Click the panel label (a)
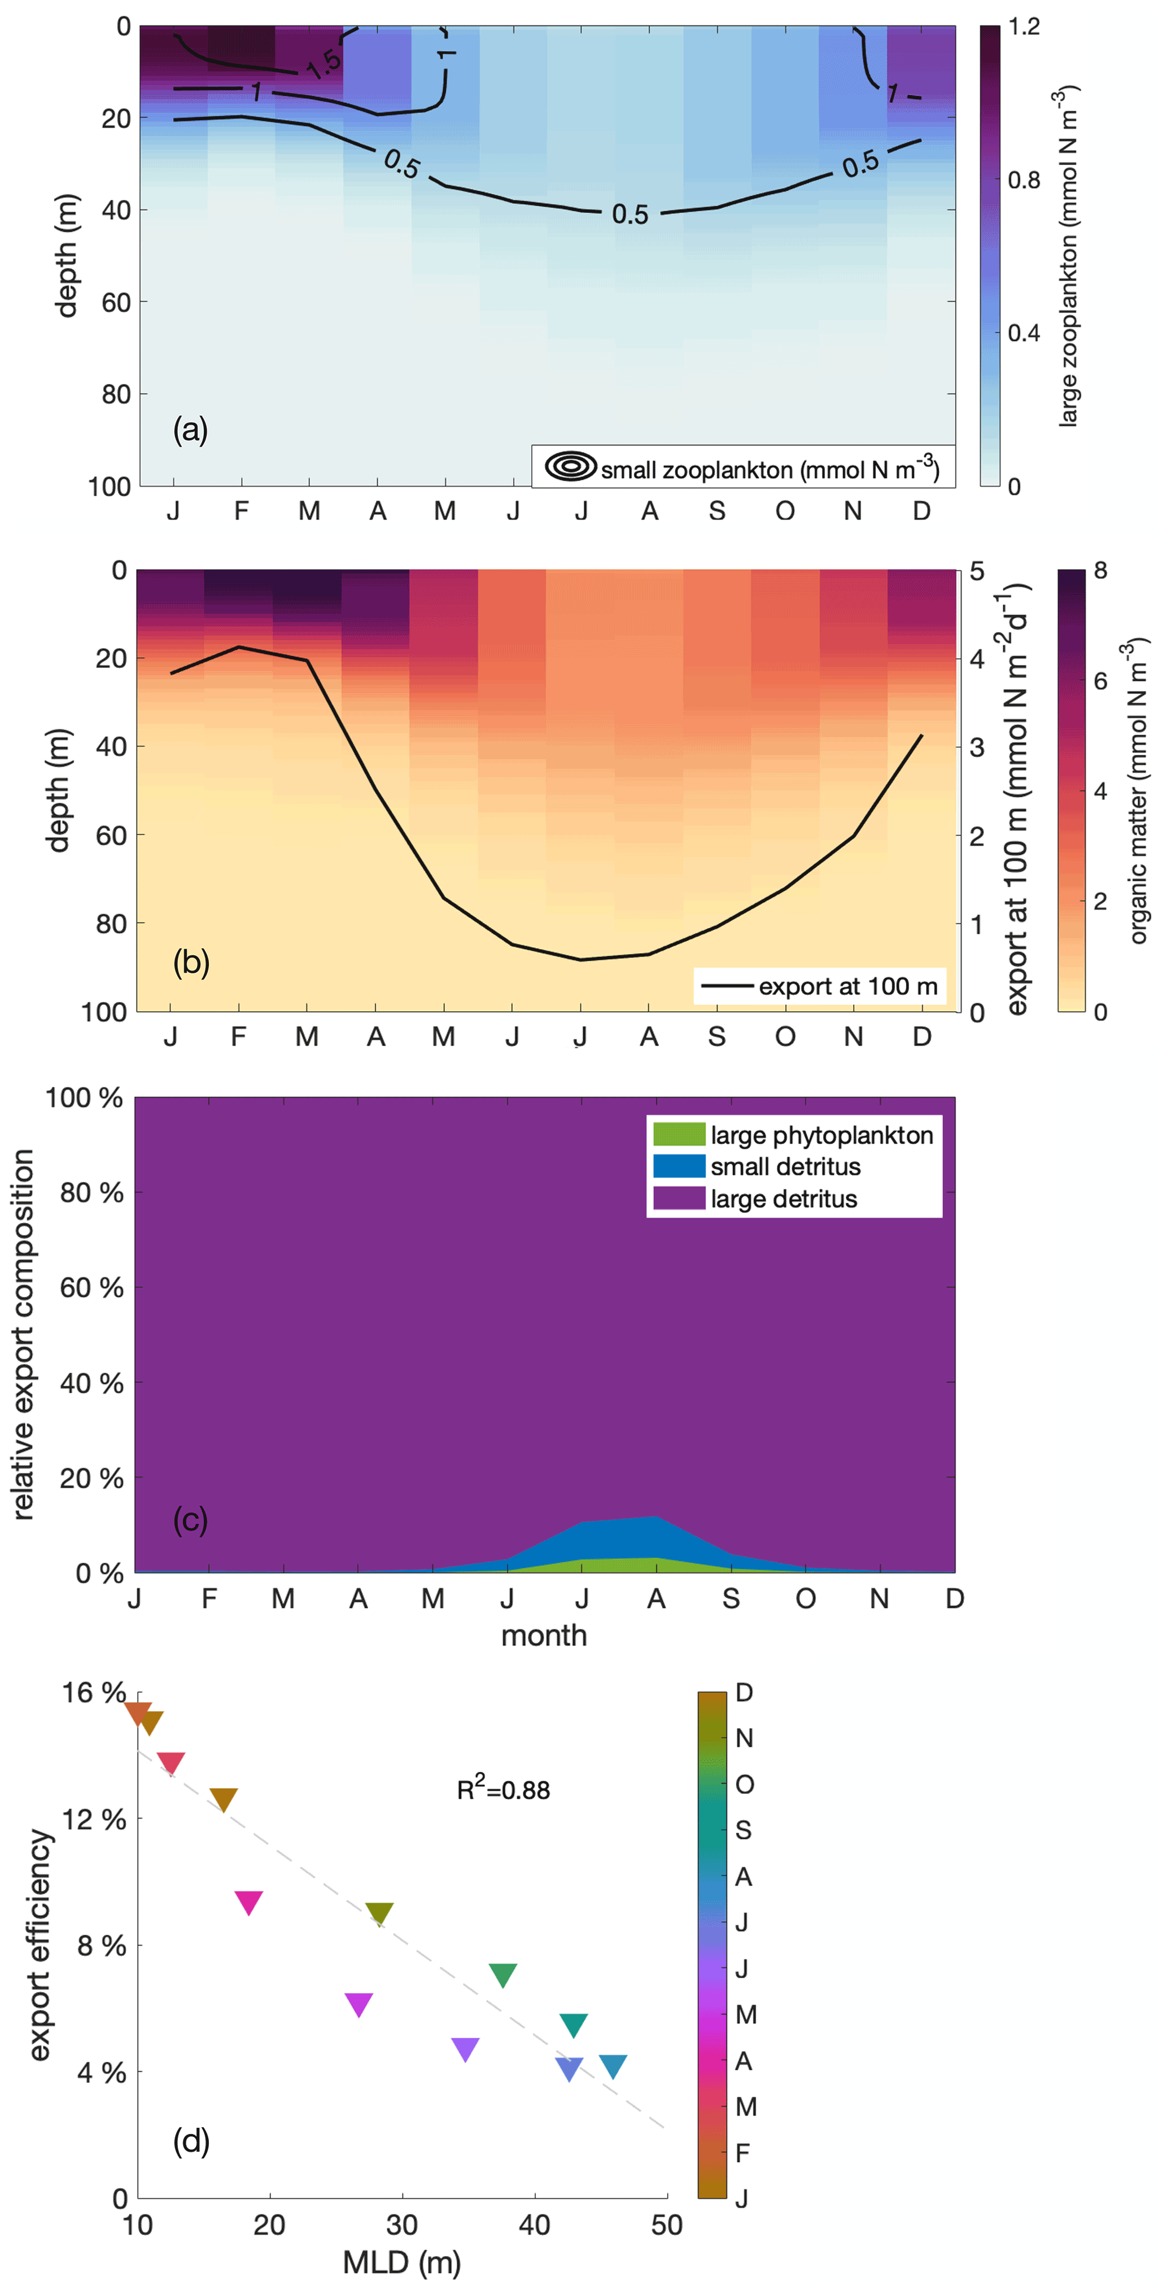pyautogui.click(x=190, y=430)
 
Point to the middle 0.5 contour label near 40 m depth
pyautogui.click(x=630, y=215)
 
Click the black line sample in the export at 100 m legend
pyautogui.click(x=727, y=986)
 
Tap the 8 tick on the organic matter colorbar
pyautogui.click(x=1101, y=571)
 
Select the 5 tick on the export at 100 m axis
pyautogui.click(x=977, y=571)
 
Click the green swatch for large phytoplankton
pyautogui.click(x=679, y=1134)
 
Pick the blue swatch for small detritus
pyautogui.click(x=679, y=1166)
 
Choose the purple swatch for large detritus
pyautogui.click(x=679, y=1198)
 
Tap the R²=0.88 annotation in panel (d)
pyautogui.click(x=503, y=1789)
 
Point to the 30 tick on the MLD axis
pyautogui.click(x=402, y=2224)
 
